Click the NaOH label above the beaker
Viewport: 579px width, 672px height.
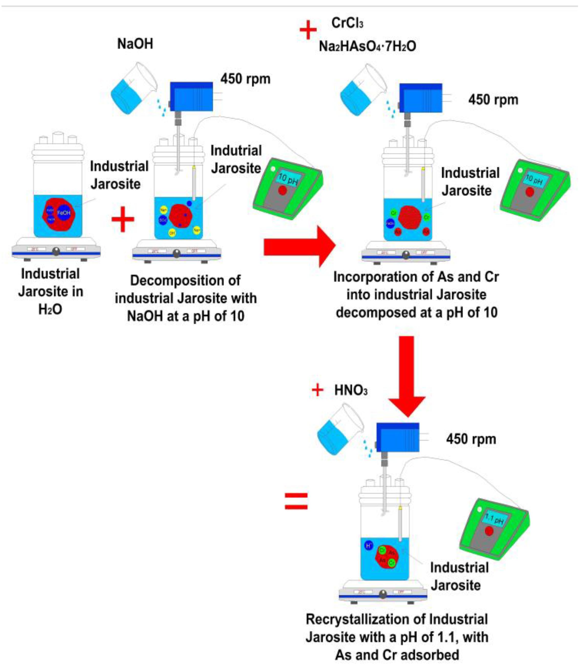pyautogui.click(x=135, y=44)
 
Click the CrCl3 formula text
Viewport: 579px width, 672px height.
pyautogui.click(x=347, y=23)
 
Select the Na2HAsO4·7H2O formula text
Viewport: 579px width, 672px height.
pyautogui.click(x=367, y=46)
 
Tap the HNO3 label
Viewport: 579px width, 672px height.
pyautogui.click(x=351, y=391)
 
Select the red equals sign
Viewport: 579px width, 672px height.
pyautogui.click(x=296, y=501)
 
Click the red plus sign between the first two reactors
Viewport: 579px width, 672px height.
pyautogui.click(x=123, y=220)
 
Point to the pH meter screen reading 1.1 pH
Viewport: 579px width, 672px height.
pyautogui.click(x=494, y=519)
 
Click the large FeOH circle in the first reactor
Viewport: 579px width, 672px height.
pyautogui.click(x=63, y=213)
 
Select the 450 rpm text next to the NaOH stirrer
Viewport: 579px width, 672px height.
pyautogui.click(x=245, y=79)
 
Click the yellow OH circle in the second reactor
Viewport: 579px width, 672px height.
pyautogui.click(x=172, y=233)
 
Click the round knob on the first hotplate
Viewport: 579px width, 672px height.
pyautogui.click(x=56, y=251)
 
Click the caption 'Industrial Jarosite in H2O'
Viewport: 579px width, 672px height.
pyautogui.click(x=51, y=291)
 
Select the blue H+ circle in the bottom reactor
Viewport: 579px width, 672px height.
pyautogui.click(x=369, y=546)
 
